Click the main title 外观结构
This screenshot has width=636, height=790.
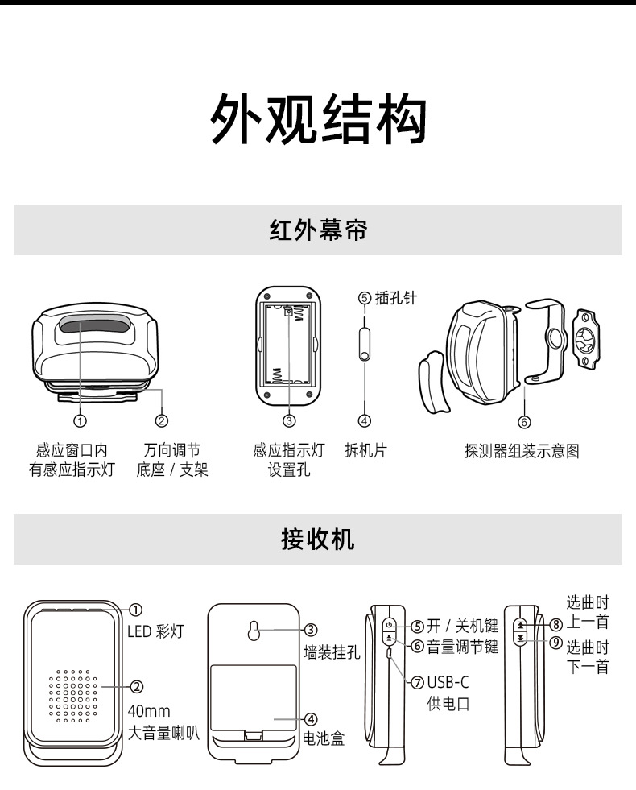coord(317,120)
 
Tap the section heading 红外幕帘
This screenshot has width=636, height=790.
coord(317,230)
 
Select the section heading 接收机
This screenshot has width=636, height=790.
coord(317,539)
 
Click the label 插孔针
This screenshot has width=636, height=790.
coord(396,298)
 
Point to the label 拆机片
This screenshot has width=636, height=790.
coord(365,451)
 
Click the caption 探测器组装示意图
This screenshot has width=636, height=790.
coord(522,451)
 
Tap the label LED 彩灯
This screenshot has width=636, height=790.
coord(155,631)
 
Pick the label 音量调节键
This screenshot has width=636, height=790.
coord(462,646)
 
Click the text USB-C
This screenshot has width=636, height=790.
coord(448,683)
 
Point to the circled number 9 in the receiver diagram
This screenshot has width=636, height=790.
coord(555,642)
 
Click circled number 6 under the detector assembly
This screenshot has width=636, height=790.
coord(523,421)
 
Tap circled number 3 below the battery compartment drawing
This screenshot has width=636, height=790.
coord(289,420)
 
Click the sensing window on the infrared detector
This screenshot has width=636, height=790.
coord(92,326)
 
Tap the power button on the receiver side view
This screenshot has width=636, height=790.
coord(389,624)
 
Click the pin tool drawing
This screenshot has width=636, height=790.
coord(364,343)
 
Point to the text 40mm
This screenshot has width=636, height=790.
coord(148,710)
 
